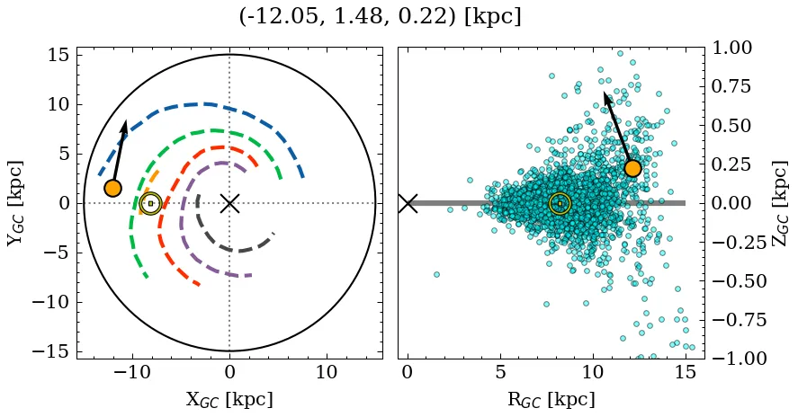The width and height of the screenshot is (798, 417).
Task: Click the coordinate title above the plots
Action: tap(380, 17)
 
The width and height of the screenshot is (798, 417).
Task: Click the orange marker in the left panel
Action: tap(112, 188)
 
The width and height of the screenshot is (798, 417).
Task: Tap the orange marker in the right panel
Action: tap(632, 168)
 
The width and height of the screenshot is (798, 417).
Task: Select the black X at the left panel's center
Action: tap(229, 203)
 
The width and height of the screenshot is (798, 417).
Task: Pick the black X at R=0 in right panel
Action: tap(408, 203)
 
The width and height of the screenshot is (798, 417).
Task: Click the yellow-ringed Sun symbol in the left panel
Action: tap(150, 204)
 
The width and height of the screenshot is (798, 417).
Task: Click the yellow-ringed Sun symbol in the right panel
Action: tap(560, 204)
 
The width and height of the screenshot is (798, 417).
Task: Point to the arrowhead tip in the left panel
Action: tap(125, 120)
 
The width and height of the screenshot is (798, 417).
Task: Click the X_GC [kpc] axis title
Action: tap(229, 400)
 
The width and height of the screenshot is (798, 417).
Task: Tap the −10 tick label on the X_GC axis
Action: tap(132, 373)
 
